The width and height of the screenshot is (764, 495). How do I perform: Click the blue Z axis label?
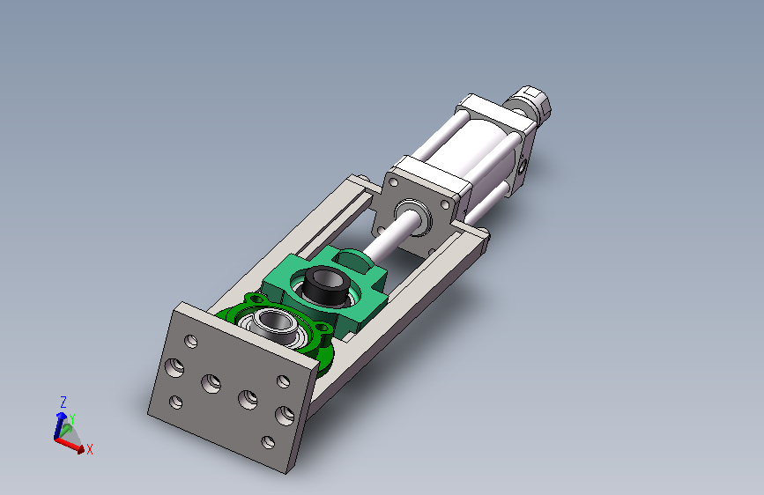tap(63, 402)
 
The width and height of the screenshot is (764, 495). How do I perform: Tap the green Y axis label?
tap(72, 419)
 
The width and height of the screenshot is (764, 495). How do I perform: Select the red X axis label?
tap(90, 449)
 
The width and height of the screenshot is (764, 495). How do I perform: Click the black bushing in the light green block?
tap(325, 284)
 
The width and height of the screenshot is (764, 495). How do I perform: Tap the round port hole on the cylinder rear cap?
tap(523, 167)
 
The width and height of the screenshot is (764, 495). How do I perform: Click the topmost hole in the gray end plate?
tap(191, 342)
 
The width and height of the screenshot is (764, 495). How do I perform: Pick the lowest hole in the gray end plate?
tap(268, 442)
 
